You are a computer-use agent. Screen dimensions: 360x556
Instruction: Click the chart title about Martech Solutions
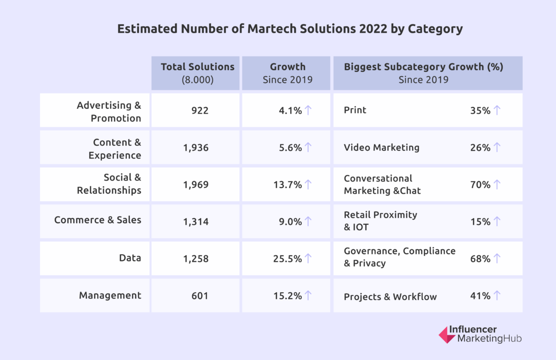tap(290, 29)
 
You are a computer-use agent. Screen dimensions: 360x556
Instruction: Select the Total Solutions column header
tap(198, 73)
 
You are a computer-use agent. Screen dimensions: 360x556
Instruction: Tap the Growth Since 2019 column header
tap(287, 73)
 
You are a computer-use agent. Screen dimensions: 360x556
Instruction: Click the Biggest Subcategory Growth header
tap(423, 73)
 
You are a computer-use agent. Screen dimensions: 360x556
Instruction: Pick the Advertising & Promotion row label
tap(109, 112)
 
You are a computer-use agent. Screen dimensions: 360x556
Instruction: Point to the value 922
tap(199, 111)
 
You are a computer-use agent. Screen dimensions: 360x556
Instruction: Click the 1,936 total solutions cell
tap(196, 148)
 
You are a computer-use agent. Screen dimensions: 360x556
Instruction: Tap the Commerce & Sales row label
tap(98, 220)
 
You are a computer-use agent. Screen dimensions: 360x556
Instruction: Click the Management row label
tap(110, 295)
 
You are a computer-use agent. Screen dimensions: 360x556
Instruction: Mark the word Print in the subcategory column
tap(355, 110)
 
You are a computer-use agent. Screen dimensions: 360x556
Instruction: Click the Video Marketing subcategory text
tap(381, 147)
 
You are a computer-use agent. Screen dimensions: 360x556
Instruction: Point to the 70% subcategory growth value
tap(480, 184)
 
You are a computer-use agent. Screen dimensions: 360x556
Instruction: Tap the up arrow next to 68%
tap(497, 258)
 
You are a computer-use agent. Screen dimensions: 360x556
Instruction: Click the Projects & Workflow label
tap(390, 297)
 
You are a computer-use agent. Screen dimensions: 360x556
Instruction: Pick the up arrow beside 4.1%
tap(308, 110)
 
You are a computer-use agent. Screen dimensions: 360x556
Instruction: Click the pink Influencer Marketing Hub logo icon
tap(447, 335)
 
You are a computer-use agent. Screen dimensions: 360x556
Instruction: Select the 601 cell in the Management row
tap(199, 296)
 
